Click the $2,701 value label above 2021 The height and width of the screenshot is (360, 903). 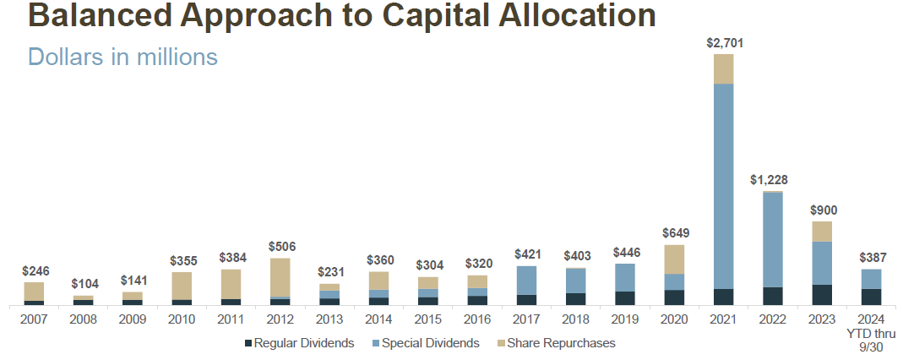724,43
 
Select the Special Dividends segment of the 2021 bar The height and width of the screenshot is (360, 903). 724,186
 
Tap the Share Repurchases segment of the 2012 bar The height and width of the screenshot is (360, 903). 280,277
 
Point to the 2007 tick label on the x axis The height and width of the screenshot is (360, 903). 34,319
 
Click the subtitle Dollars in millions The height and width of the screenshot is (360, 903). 122,57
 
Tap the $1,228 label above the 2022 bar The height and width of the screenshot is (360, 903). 772,180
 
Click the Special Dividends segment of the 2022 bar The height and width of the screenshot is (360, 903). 772,240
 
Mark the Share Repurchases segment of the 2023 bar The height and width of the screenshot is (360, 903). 822,232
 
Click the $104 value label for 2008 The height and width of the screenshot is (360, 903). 83,285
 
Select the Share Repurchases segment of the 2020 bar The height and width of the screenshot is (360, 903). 674,259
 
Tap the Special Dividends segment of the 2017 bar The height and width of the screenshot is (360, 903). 526,280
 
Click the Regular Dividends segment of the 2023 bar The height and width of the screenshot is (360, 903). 822,294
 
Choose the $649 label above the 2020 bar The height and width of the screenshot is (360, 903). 674,234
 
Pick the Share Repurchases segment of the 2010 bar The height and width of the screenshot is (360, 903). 182,286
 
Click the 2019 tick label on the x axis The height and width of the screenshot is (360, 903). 625,319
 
